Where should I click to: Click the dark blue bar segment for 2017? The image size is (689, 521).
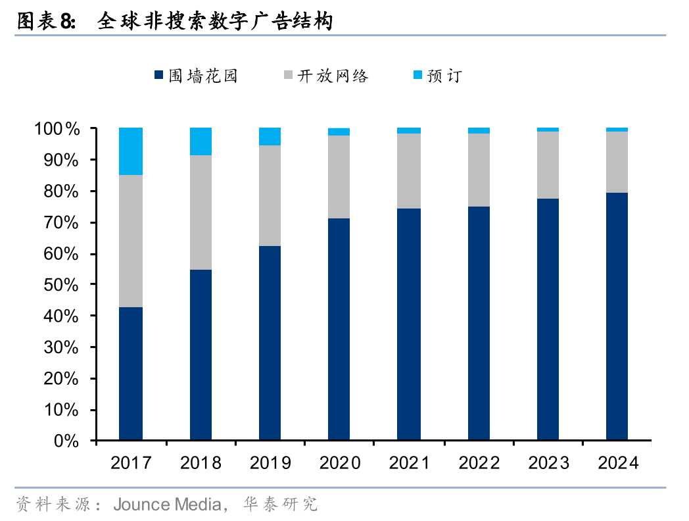(x=131, y=374)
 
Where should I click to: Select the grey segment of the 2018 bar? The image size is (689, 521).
(x=201, y=212)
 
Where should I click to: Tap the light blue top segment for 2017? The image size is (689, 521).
(x=131, y=151)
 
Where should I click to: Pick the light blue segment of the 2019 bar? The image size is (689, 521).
(x=270, y=136)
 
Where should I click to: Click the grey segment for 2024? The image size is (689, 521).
(x=617, y=162)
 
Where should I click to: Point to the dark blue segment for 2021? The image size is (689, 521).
(x=409, y=324)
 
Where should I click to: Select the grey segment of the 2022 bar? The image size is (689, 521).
(x=479, y=170)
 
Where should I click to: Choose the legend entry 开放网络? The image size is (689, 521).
(x=333, y=76)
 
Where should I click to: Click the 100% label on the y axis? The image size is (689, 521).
(x=57, y=129)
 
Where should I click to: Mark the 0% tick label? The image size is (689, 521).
(x=66, y=441)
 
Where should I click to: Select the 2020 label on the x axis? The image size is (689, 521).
(x=339, y=463)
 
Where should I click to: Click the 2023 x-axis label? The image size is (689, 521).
(x=548, y=463)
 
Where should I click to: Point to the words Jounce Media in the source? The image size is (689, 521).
(x=167, y=505)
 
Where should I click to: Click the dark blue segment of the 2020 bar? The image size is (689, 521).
(x=339, y=329)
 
